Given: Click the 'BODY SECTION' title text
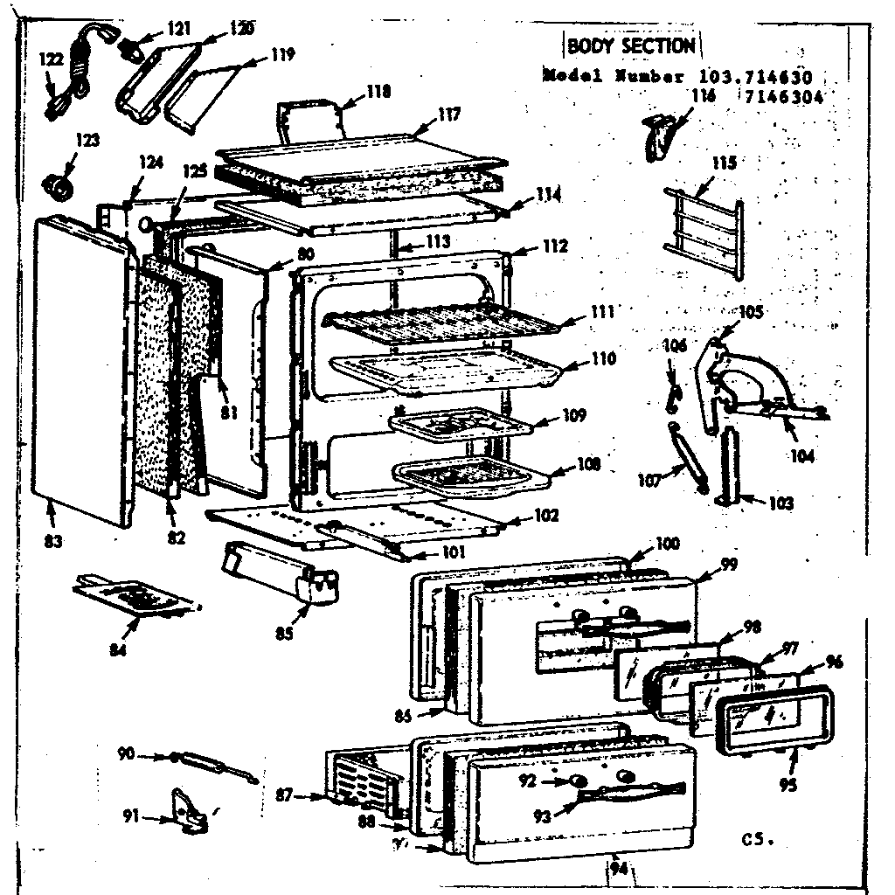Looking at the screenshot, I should [x=630, y=45].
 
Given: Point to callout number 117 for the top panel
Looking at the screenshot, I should [x=450, y=114].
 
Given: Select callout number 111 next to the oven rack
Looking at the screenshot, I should [x=601, y=312].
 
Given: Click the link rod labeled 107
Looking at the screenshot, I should [x=687, y=454].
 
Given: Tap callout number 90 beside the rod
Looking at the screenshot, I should [x=127, y=753].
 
